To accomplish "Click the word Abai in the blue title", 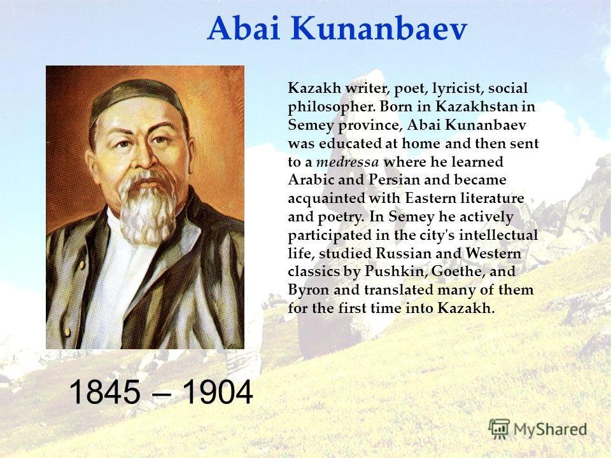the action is [x=244, y=29].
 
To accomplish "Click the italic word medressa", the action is [x=348, y=162].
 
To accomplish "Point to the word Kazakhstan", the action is [x=475, y=106].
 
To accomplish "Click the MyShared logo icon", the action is [x=499, y=429].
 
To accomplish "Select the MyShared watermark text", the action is [x=550, y=429].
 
